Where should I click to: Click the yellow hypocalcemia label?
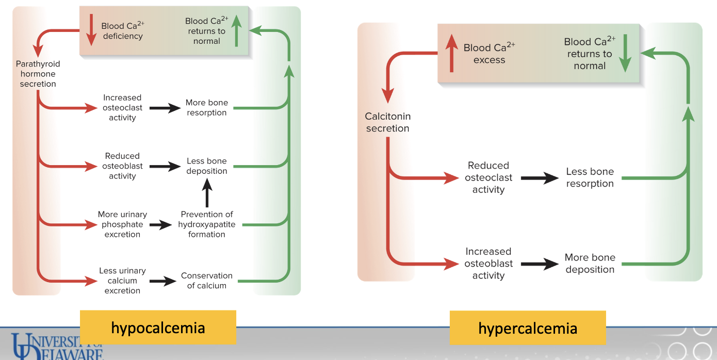pyautogui.click(x=158, y=328)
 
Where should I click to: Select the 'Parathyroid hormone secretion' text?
pyautogui.click(x=38, y=74)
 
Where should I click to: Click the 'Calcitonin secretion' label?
pyautogui.click(x=387, y=122)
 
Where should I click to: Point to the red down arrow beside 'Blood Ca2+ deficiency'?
pyautogui.click(x=91, y=30)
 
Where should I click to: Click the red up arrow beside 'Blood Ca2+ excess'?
pyautogui.click(x=451, y=53)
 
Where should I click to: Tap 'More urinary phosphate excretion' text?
pyautogui.click(x=122, y=224)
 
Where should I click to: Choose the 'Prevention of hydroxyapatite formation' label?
pyautogui.click(x=206, y=224)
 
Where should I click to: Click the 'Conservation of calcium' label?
pyautogui.click(x=206, y=281)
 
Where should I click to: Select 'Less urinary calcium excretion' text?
pyautogui.click(x=122, y=281)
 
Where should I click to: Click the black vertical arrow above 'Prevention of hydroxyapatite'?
pyautogui.click(x=206, y=194)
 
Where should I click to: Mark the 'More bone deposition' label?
pyautogui.click(x=590, y=263)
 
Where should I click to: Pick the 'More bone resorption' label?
pyautogui.click(x=206, y=108)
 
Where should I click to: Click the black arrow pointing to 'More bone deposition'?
pyautogui.click(x=540, y=264)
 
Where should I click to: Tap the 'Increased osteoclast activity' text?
pyautogui.click(x=122, y=108)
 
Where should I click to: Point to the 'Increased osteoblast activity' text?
pyautogui.click(x=488, y=263)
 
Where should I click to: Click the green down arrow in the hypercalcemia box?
pyautogui.click(x=625, y=53)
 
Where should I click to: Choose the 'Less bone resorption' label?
pyautogui.click(x=590, y=177)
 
